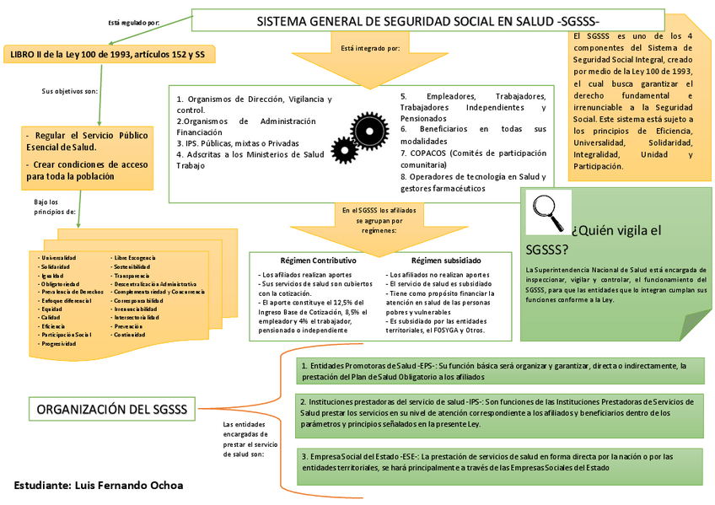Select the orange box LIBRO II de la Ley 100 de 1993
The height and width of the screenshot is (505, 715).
108,55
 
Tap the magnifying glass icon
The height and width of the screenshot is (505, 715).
548,212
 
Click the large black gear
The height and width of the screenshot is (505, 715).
368,130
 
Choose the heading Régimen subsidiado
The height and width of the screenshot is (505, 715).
446,261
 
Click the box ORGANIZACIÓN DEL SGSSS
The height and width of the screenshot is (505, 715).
111,410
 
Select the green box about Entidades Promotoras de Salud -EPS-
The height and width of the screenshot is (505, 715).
499,371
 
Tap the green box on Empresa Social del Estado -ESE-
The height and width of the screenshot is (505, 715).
499,462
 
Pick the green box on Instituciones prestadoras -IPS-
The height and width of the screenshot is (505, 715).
499,413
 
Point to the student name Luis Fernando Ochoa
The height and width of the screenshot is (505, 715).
99,486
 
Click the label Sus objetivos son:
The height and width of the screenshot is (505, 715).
70,90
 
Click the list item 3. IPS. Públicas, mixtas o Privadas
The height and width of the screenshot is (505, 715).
238,143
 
